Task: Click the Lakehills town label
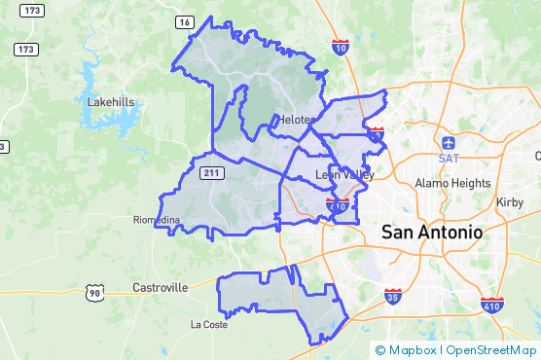click(x=111, y=101)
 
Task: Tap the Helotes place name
click(x=297, y=120)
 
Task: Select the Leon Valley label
click(x=344, y=174)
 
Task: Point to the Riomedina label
click(x=157, y=220)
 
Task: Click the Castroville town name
click(x=160, y=288)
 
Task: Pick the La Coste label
click(x=208, y=324)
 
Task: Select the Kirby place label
click(x=510, y=201)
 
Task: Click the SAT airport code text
click(x=448, y=158)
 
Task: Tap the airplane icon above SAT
click(x=448, y=142)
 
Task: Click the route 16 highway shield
click(x=185, y=22)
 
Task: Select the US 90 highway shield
click(x=93, y=292)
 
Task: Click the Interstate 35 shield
click(x=392, y=297)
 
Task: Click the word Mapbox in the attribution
click(x=412, y=350)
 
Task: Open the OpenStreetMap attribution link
click(x=491, y=350)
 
